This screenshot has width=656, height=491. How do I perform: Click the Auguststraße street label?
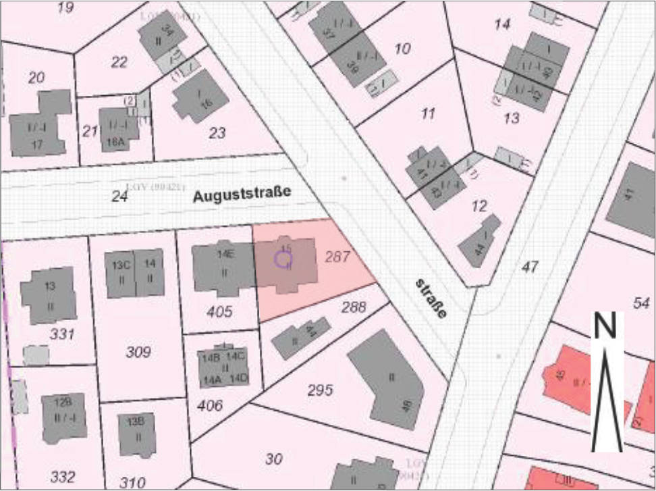[x=242, y=195]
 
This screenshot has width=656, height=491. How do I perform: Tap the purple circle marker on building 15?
[x=283, y=259]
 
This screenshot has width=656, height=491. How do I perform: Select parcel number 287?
[x=338, y=257]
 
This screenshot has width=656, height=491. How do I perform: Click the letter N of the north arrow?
[x=606, y=326]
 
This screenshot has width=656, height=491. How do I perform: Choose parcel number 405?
[x=220, y=312]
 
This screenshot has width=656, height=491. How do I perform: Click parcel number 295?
[x=320, y=390]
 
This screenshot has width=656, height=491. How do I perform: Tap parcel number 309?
[x=138, y=352]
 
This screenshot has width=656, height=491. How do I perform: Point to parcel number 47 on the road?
[x=530, y=267]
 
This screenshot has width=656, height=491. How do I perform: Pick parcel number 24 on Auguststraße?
[x=119, y=197]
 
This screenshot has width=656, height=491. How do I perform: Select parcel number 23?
[x=217, y=133]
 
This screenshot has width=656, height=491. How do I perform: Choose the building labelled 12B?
[x=63, y=413]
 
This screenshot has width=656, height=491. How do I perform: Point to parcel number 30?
[x=273, y=459]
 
